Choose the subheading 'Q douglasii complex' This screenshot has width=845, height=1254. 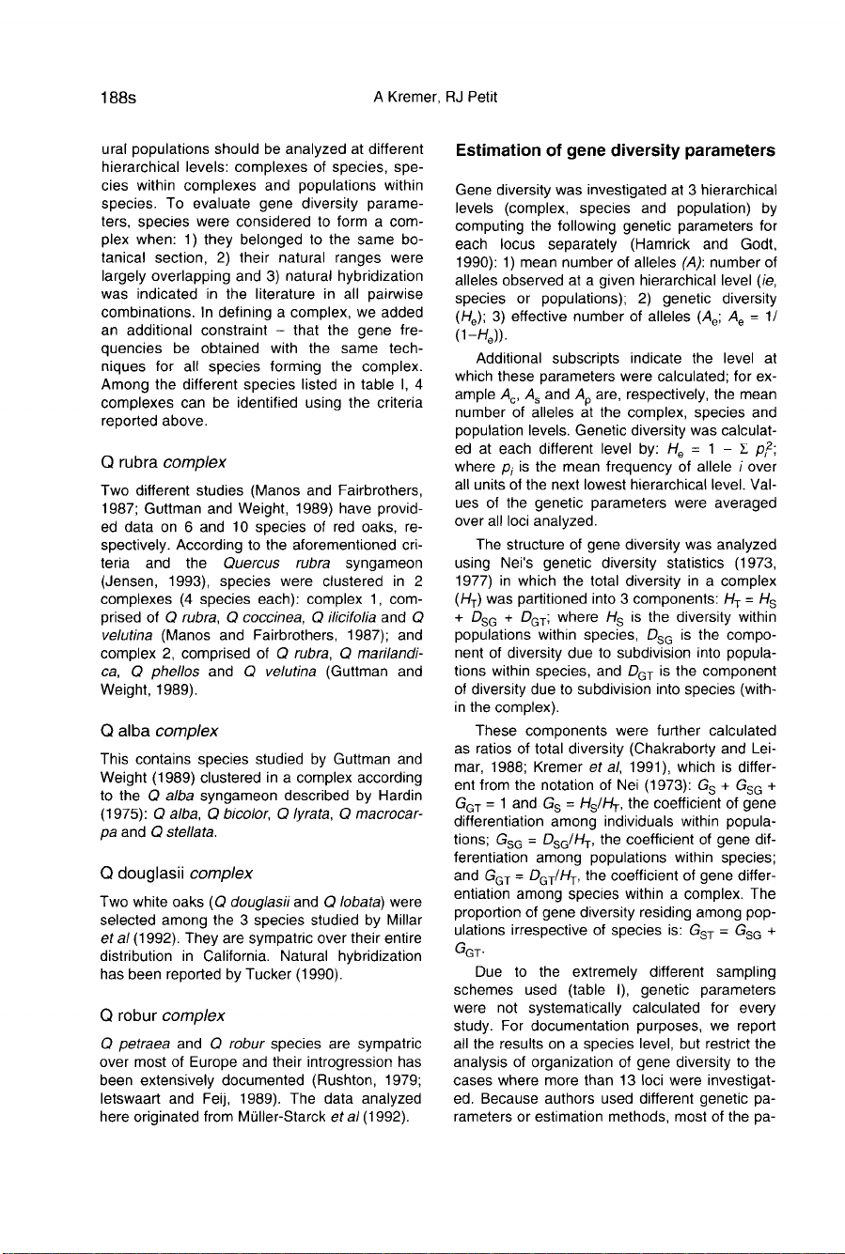[175, 874]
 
